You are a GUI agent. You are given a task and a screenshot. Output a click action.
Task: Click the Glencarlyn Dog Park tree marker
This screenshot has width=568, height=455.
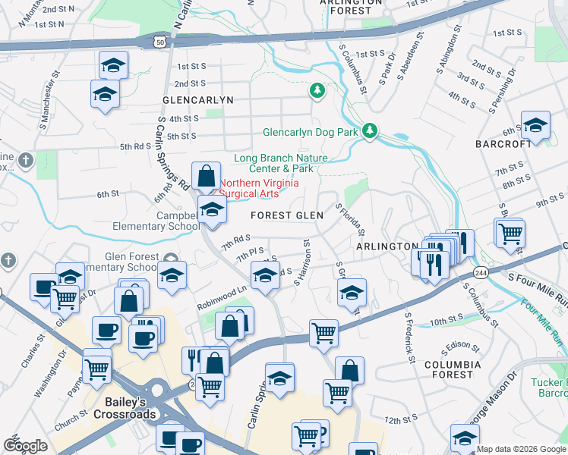370,131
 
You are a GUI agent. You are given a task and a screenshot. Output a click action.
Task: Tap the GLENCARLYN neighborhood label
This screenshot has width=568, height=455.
197,100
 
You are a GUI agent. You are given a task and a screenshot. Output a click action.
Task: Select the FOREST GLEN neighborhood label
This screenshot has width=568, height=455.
287,215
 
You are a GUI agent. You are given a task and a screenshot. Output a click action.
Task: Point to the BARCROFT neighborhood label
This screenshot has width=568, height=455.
503,143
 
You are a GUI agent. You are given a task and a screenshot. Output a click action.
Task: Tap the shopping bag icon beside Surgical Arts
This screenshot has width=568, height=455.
206,177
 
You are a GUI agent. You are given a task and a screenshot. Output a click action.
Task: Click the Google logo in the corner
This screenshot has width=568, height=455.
25,446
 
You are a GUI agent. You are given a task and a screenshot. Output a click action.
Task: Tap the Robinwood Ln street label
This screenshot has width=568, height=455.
222,289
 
